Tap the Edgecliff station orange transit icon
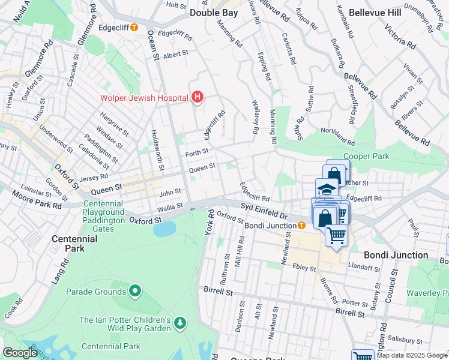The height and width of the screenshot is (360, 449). pos(134,27)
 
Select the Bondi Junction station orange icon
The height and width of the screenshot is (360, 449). pos(301,225)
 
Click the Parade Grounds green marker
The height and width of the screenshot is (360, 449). pos(135,292)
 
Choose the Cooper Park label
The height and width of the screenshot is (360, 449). pos(366,156)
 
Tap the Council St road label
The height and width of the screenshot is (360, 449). pos(393,281)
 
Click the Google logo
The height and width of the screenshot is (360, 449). pos(20,353)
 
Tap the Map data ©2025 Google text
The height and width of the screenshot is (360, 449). pos(411,355)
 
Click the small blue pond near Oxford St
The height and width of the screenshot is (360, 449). pos(164,229)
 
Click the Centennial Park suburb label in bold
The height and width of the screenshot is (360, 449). pos(74,243)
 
